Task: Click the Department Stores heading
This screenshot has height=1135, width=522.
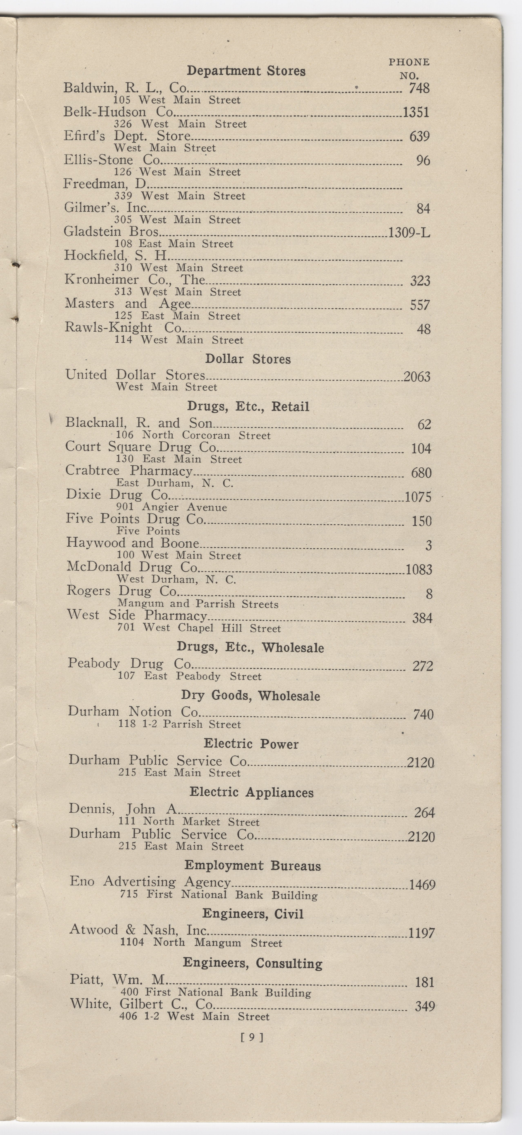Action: click(246, 71)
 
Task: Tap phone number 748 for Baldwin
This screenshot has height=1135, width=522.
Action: click(419, 89)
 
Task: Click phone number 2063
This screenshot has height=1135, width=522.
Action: click(417, 377)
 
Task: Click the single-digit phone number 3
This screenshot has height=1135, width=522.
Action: click(428, 546)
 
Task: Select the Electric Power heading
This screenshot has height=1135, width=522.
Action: click(251, 744)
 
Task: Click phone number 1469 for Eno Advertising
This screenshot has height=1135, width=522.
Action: click(422, 885)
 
